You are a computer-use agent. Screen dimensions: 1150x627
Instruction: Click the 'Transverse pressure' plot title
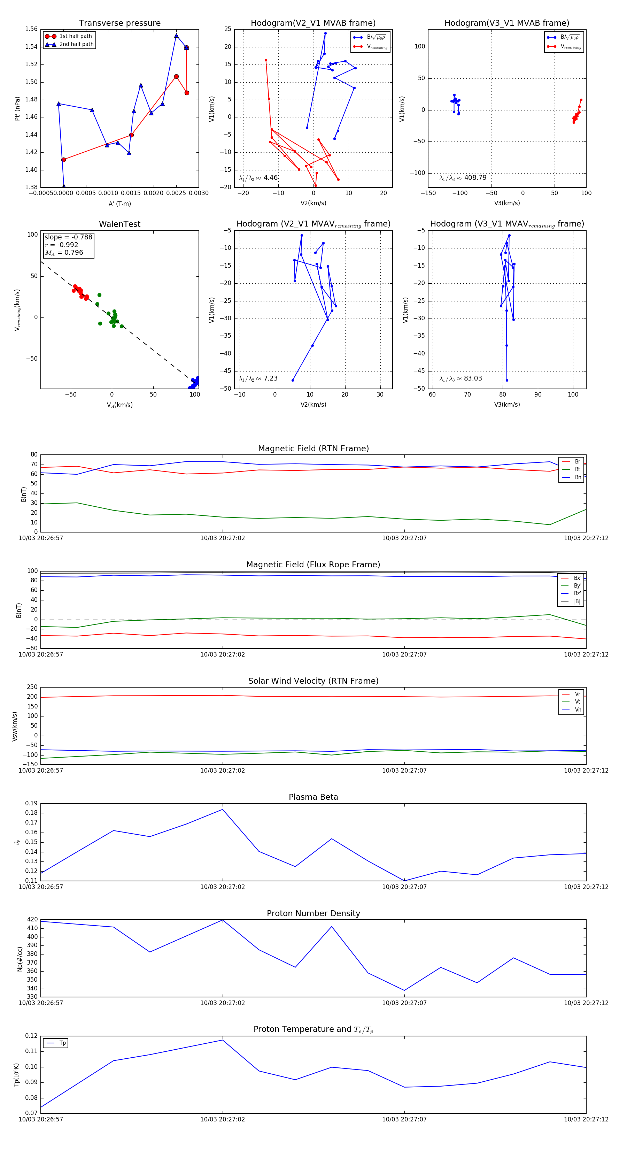pos(119,23)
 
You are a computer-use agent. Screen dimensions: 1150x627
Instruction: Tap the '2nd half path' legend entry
pos(76,44)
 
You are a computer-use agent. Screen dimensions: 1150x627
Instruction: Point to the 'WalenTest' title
pos(119,224)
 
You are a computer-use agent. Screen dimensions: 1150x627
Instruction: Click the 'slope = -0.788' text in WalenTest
pos(68,237)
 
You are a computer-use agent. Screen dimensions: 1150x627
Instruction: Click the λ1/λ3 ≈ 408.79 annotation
pos(463,178)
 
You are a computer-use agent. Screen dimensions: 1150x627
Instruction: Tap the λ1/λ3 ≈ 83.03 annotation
pos(460,378)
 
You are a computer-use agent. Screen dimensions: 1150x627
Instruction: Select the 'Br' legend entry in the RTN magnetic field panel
pos(577,462)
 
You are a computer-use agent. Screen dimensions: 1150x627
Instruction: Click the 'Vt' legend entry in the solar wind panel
pos(578,702)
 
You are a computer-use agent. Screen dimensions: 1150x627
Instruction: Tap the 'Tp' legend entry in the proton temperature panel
pos(62,1043)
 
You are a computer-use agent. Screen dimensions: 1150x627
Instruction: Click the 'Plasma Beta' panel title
pos(313,797)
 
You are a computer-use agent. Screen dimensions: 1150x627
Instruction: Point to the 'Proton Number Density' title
pos(313,913)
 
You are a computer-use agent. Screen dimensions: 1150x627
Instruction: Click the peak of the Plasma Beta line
pos(223,810)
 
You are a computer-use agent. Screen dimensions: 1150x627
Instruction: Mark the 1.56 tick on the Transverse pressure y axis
pos(31,29)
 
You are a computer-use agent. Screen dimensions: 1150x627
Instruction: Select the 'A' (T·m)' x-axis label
pos(119,204)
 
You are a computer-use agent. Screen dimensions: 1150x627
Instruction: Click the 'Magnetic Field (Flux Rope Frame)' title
pos(313,565)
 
